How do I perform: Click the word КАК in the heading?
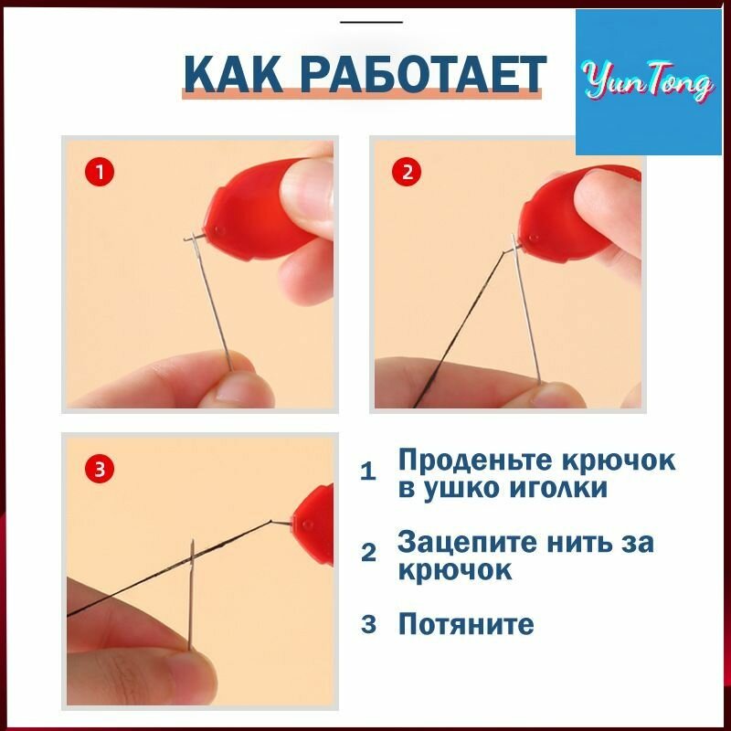click(x=233, y=74)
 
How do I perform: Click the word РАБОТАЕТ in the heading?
click(x=422, y=74)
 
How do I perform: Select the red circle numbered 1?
click(x=100, y=172)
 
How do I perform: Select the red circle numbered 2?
click(x=408, y=172)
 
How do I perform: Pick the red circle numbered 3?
click(x=100, y=469)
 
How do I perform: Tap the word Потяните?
click(x=466, y=624)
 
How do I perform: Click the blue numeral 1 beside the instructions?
click(x=368, y=471)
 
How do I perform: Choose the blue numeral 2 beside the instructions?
click(x=368, y=553)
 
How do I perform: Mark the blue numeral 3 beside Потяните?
click(x=368, y=624)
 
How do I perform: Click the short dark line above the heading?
click(x=371, y=22)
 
